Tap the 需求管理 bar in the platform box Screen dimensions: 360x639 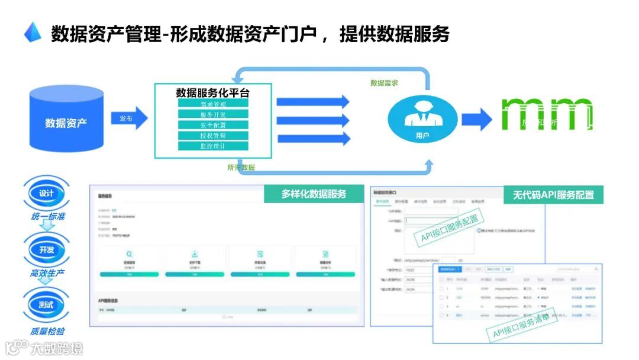point(213,104)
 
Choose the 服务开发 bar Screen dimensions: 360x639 point(213,115)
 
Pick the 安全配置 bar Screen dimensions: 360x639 point(213,125)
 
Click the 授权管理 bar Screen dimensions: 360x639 point(213,136)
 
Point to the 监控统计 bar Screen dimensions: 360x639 point(213,146)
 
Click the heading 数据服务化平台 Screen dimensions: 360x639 point(213,93)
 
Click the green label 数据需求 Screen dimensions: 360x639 point(384,83)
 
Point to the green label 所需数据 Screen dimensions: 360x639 point(241,168)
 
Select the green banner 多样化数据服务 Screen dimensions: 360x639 point(314,194)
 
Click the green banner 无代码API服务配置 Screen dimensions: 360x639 point(549,194)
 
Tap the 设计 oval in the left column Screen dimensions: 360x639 point(46,194)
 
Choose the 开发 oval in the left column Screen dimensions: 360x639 point(46,250)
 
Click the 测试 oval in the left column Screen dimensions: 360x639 point(46,306)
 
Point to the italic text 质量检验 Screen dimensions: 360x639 point(47,332)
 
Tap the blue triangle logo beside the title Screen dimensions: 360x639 point(33,33)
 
